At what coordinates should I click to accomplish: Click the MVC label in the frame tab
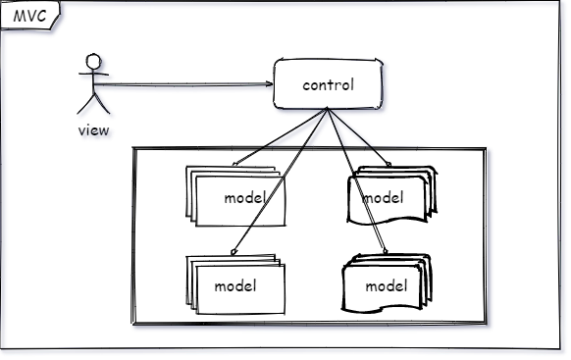point(29,16)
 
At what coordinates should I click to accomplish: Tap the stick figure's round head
point(93,61)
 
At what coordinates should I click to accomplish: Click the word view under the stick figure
point(93,129)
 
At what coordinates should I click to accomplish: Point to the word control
point(328,84)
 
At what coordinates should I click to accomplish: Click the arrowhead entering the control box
point(269,84)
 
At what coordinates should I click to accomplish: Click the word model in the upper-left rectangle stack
point(245,197)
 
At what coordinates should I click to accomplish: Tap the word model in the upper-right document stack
point(383,197)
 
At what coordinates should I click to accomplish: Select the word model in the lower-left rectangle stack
point(235,285)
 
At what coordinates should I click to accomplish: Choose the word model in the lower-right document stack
point(387,285)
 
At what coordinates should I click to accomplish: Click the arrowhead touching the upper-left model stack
point(235,164)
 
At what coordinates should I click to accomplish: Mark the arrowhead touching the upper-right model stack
point(389,164)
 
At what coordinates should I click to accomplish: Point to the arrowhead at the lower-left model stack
point(234,251)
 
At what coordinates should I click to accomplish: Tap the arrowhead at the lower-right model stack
point(386,251)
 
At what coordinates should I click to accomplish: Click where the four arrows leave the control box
point(327,109)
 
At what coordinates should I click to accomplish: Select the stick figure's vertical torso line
point(93,81)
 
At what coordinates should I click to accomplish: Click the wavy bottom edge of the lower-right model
point(382,309)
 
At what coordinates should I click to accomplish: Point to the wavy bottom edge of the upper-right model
point(387,221)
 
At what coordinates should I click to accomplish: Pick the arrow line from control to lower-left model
point(280,180)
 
